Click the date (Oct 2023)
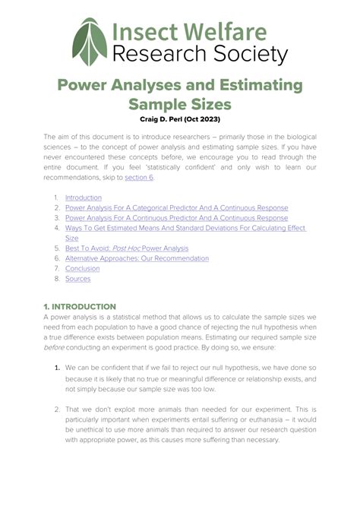[217, 119]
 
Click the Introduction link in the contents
[84, 198]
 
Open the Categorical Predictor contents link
[176, 207]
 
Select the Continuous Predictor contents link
[176, 218]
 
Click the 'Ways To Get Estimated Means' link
[185, 228]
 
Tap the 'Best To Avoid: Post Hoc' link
[127, 248]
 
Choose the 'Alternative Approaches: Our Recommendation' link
[137, 258]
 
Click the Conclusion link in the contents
[83, 268]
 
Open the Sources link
[77, 279]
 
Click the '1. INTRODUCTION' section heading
[80, 306]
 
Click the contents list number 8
[55, 279]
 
